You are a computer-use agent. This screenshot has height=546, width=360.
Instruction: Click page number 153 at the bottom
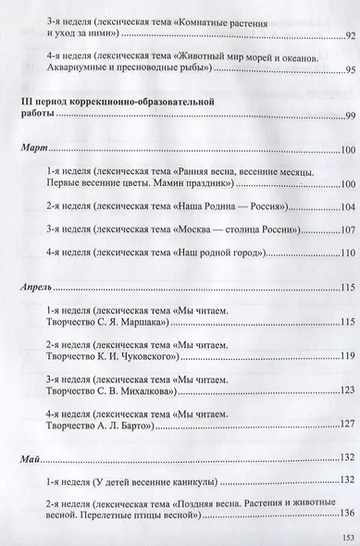click(346, 536)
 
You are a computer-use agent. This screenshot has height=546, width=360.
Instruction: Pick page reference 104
click(348, 206)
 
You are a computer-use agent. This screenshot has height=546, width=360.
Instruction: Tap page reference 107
click(348, 230)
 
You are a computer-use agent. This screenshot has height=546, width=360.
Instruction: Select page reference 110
click(348, 253)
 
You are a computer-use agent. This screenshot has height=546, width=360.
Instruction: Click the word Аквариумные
click(81, 71)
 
